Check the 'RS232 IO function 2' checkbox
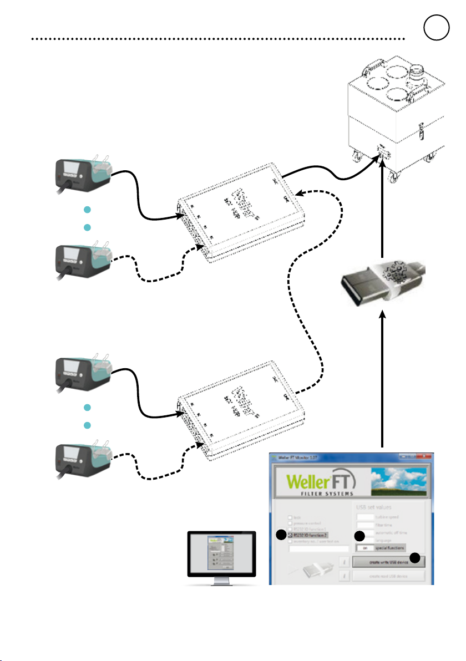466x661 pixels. pos(290,535)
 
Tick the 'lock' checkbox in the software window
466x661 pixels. pos(290,517)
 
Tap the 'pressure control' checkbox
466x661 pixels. pos(290,523)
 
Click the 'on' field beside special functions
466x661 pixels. pos(363,547)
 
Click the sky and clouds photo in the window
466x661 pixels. pos(402,481)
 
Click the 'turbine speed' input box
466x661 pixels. pos(365,516)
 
